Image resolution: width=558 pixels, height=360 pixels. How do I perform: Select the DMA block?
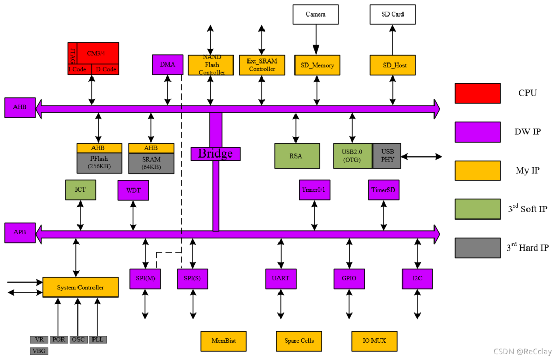click(167, 65)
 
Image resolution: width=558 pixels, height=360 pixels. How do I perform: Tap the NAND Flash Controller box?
click(210, 65)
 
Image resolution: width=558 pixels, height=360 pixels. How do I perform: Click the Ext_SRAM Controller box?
click(262, 65)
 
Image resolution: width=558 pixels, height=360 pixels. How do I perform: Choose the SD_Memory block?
click(317, 65)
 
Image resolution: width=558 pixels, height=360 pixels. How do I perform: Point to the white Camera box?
click(316, 14)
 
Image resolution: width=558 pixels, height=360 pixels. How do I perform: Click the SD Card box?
click(393, 14)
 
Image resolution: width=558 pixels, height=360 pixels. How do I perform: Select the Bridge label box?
click(215, 153)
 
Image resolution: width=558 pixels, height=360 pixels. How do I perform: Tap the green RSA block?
click(297, 155)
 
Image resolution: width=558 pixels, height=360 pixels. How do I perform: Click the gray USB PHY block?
click(387, 155)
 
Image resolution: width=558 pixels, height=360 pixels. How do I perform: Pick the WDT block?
click(133, 190)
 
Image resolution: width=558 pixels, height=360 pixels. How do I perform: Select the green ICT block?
click(81, 190)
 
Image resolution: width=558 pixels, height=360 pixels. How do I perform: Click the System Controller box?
click(80, 287)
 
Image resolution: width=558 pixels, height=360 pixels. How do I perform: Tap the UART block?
click(281, 278)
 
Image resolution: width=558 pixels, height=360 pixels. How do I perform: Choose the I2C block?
click(417, 278)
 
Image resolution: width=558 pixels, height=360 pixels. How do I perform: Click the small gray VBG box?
click(39, 351)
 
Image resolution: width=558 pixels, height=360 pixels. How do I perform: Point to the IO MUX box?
click(375, 341)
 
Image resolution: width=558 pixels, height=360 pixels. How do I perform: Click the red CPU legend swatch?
click(477, 93)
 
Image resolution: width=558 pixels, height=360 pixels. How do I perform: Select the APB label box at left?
click(20, 232)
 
